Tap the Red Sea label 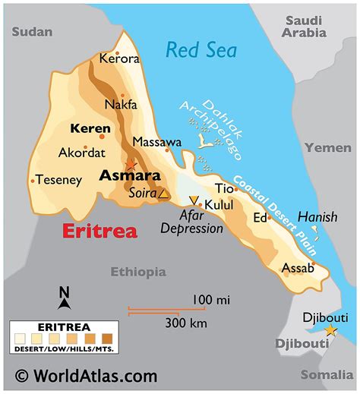[x=201, y=51]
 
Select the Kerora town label [x=120, y=58]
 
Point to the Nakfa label [x=121, y=105]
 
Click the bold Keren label [x=90, y=128]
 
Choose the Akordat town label [x=83, y=152]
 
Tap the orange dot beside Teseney [x=33, y=181]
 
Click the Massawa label [x=156, y=142]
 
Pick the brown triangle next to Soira [x=163, y=194]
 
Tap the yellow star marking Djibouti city [x=330, y=330]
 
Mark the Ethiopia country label [x=137, y=272]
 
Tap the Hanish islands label [x=317, y=217]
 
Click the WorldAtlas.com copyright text [x=86, y=376]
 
